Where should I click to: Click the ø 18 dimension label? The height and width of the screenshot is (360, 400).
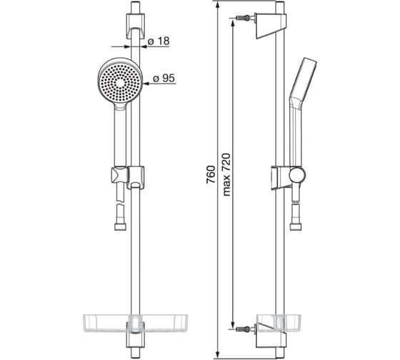point(159,41)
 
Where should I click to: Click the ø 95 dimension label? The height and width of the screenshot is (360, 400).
point(164,78)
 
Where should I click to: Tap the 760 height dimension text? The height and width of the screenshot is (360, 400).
point(211,175)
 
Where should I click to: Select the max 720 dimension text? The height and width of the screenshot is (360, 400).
point(226,174)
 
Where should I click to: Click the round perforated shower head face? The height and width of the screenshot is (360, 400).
point(120,83)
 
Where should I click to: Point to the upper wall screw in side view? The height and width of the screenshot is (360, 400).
point(243,18)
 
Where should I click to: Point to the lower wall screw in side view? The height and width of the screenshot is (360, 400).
point(243,329)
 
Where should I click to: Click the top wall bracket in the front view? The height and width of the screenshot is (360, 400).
point(135,26)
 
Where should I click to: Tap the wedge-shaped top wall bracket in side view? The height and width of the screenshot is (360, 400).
point(271,26)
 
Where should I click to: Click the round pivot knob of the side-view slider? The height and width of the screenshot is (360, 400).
point(297,175)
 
